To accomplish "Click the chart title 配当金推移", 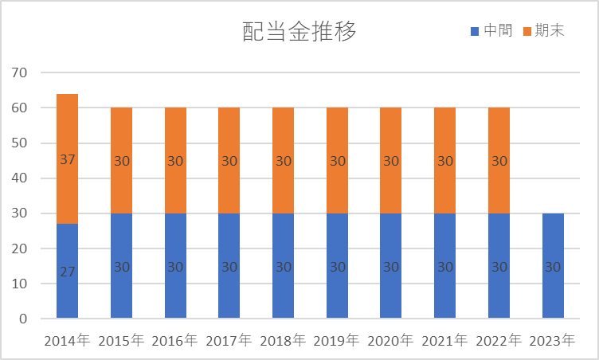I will (x=299, y=32).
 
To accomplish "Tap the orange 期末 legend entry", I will (x=543, y=31).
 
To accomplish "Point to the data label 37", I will (x=67, y=160).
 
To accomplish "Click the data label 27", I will (x=67, y=272).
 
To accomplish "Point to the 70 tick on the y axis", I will (x=20, y=73).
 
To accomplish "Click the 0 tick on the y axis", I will (x=24, y=319).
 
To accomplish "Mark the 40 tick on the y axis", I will (x=20, y=178).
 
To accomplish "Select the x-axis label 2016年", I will (x=175, y=341).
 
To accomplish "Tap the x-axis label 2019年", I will (x=337, y=341).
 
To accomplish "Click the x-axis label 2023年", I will (x=553, y=341).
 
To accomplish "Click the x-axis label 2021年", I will (x=444, y=341).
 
